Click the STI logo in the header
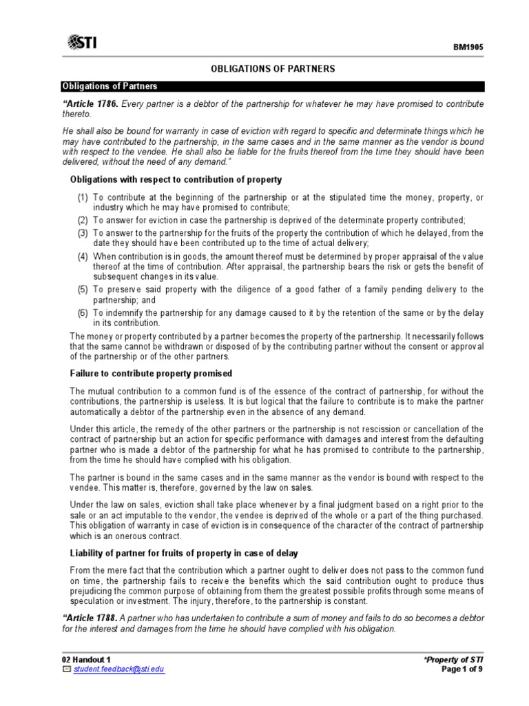tap(83, 43)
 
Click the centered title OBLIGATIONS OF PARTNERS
tap(272, 69)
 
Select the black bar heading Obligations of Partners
tap(110, 86)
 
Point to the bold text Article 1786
tap(92, 103)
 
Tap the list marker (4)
tap(82, 256)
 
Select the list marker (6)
tap(82, 313)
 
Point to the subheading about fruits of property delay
tap(183, 553)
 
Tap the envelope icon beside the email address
tap(66, 669)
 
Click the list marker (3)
tap(82, 233)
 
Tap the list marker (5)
tap(82, 290)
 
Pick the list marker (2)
tap(82, 221)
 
